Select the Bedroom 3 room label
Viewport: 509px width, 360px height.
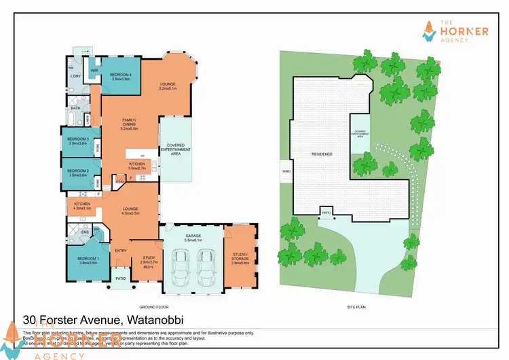coord(78,141)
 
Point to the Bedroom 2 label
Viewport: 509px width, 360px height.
coord(78,173)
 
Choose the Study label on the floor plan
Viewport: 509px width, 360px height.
coord(149,259)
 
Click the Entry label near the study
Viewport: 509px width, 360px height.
coord(121,251)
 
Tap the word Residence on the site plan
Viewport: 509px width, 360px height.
coord(322,154)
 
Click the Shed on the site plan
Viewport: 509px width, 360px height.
coord(286,171)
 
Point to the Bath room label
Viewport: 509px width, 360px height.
coord(75,108)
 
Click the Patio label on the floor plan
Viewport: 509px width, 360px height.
coord(121,278)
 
